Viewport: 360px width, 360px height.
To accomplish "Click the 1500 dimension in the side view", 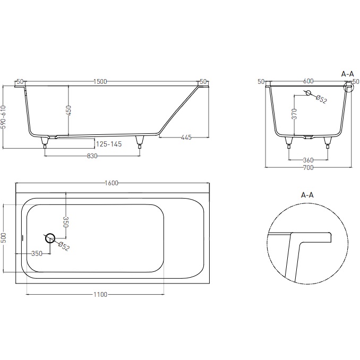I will pyautogui.click(x=100, y=81).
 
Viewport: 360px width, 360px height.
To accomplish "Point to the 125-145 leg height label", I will pyautogui.click(x=109, y=144).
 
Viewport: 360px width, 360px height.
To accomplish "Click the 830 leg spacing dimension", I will pyautogui.click(x=92, y=156).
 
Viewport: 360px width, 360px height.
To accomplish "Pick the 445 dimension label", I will pyautogui.click(x=186, y=138).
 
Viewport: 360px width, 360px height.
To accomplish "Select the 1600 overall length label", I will pyautogui.click(x=112, y=183).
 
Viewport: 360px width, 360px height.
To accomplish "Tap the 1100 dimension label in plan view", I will pyautogui.click(x=100, y=294).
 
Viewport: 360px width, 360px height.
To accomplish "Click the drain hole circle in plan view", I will pyautogui.click(x=50, y=238).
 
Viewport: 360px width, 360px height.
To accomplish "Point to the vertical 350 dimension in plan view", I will pyautogui.click(x=66, y=222).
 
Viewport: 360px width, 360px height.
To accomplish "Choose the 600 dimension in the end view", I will pyautogui.click(x=308, y=81).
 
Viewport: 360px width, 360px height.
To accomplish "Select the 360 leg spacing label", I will pyautogui.click(x=308, y=160).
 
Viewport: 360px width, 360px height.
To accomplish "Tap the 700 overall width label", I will pyautogui.click(x=308, y=168).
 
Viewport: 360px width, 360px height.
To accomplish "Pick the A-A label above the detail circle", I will pyautogui.click(x=307, y=195).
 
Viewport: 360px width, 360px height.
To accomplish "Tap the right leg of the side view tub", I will pyautogui.click(x=140, y=141).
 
